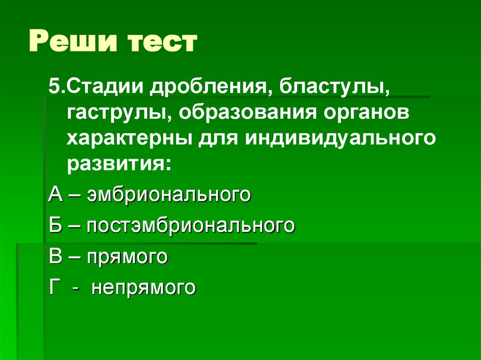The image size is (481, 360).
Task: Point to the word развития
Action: pos(117,165)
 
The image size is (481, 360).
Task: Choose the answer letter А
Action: pos(54,194)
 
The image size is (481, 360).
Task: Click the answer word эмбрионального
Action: pos(167,194)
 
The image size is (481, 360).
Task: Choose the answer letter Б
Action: pos(54,225)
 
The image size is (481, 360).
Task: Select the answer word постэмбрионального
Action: pos(190,225)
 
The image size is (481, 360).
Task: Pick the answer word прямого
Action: pos(127,257)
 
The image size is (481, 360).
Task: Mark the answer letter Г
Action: pos(54,286)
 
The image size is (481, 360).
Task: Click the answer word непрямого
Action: pos(143,287)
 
